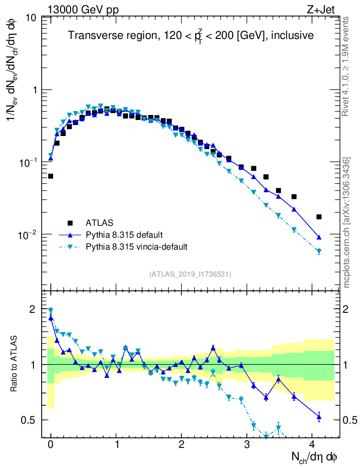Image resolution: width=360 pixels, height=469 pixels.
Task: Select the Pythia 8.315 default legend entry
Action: [124, 235]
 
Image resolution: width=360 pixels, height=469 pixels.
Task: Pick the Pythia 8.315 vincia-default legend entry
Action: [136, 247]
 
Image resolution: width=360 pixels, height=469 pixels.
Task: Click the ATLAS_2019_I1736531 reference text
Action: [190, 274]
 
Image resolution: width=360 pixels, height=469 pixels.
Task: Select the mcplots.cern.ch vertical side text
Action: [347, 223]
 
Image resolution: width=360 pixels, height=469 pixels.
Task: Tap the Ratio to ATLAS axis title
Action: [15, 364]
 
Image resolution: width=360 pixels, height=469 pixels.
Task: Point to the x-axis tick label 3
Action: [247, 444]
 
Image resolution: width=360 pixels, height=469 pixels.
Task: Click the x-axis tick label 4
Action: [312, 444]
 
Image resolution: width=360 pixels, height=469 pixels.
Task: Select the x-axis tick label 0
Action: [50, 444]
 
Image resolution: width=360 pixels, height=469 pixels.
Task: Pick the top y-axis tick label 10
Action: [32, 18]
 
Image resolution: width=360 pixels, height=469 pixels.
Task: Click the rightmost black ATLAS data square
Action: [319, 217]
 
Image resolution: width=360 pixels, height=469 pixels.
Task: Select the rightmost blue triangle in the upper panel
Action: [319, 237]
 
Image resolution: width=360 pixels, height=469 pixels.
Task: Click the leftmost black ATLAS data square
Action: [50, 176]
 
